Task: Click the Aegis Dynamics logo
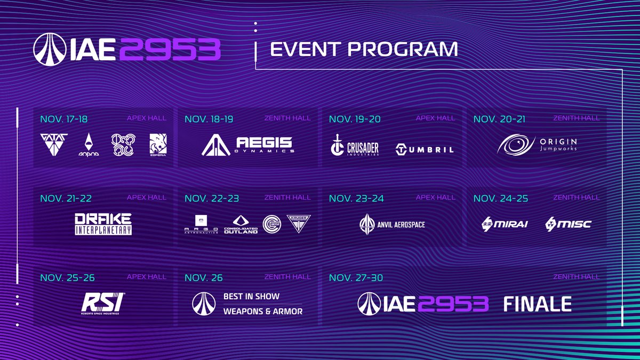pyautogui.click(x=247, y=146)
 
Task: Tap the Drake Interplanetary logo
pyautogui.click(x=103, y=224)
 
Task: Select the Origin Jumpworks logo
pyautogui.click(x=537, y=145)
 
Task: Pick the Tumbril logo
pyautogui.click(x=425, y=149)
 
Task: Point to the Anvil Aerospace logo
pyautogui.click(x=392, y=224)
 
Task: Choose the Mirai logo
pyautogui.click(x=504, y=224)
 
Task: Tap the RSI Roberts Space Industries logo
pyautogui.click(x=103, y=302)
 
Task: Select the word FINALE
pyautogui.click(x=538, y=304)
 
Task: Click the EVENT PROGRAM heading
pyautogui.click(x=364, y=49)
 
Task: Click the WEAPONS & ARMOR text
pyautogui.click(x=262, y=311)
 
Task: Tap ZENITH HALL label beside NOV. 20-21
pyautogui.click(x=576, y=118)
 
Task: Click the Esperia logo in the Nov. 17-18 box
pyautogui.click(x=158, y=145)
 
